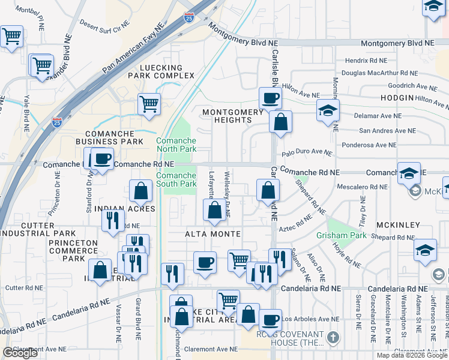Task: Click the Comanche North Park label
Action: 176,145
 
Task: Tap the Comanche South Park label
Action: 176,179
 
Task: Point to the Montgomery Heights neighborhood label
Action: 233,116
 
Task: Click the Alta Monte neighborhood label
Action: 212,234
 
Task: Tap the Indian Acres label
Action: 129,209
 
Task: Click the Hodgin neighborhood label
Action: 397,98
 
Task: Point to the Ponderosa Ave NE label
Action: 369,145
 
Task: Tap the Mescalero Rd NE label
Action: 361,186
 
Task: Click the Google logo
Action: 20,353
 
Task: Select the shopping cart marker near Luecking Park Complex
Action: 149,104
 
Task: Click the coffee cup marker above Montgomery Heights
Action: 270,97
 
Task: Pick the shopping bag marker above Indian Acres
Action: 140,191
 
